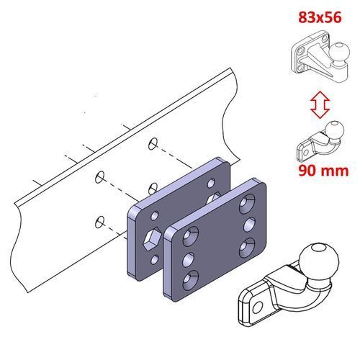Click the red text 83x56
(320, 17)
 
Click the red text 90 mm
(323, 171)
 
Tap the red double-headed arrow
(320, 104)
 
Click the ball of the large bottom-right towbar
(319, 261)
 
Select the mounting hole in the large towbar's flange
(257, 307)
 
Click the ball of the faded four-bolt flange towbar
(338, 53)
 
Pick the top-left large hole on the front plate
(191, 236)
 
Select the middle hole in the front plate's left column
(189, 260)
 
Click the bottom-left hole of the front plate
(191, 279)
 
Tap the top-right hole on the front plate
(247, 204)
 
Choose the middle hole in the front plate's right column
(250, 225)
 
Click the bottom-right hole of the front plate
(247, 248)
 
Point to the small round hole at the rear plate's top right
(212, 184)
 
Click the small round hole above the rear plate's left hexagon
(155, 215)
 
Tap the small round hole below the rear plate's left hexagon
(155, 260)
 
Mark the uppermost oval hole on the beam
(153, 144)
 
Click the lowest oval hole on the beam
(99, 222)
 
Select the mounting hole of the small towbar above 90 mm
(306, 153)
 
